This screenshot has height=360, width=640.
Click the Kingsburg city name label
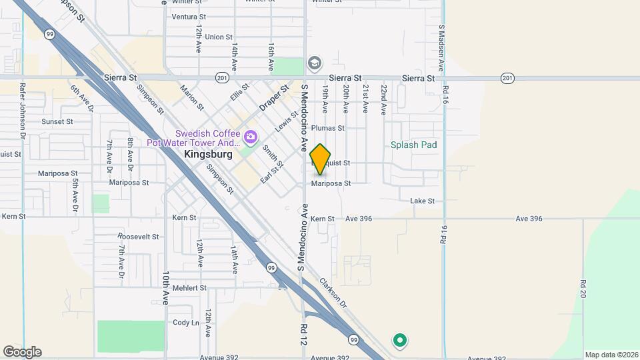pyautogui.click(x=208, y=154)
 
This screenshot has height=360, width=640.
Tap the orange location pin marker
pyautogui.click(x=321, y=159)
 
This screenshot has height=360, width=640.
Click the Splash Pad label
pyautogui.click(x=413, y=145)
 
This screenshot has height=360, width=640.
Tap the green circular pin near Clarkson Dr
pyautogui.click(x=400, y=341)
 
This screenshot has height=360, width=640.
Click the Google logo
pyautogui.click(x=22, y=352)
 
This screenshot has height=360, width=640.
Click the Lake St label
pyautogui.click(x=423, y=201)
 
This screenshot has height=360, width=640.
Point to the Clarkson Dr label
pyautogui.click(x=333, y=293)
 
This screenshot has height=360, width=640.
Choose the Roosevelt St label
pyautogui.click(x=138, y=237)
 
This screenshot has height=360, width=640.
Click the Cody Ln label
pyautogui.click(x=186, y=323)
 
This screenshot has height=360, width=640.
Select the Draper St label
pyautogui.click(x=273, y=98)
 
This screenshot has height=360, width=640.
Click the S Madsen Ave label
pyautogui.click(x=441, y=48)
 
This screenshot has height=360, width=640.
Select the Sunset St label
pyautogui.click(x=57, y=121)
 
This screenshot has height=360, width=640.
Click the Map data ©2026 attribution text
pyautogui.click(x=611, y=355)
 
